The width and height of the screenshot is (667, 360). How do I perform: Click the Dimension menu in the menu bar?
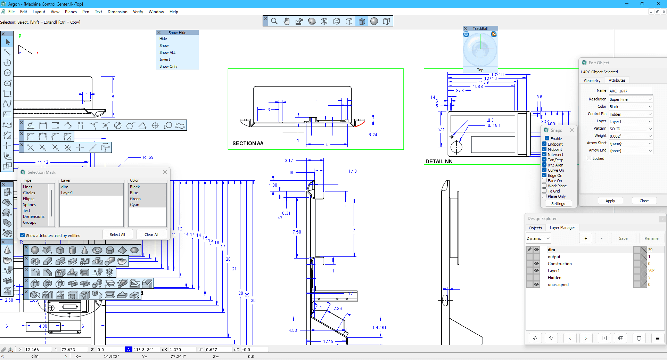[117, 12]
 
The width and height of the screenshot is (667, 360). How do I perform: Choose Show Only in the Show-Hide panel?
[168, 66]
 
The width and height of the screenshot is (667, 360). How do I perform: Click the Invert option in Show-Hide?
[165, 59]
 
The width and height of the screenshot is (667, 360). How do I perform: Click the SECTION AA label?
[248, 144]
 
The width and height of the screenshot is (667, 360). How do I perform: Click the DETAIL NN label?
[439, 162]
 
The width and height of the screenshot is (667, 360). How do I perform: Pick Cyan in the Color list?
[134, 205]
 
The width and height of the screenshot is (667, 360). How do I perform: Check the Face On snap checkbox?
[544, 181]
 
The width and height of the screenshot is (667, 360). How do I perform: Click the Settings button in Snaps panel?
[558, 204]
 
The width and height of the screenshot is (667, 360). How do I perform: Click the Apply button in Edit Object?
[610, 201]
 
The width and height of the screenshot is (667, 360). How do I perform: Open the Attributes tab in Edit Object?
[617, 80]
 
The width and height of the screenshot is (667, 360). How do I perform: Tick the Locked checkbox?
[589, 158]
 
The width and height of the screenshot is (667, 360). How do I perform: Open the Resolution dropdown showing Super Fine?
[631, 99]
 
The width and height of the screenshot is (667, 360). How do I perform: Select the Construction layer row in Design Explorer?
[559, 264]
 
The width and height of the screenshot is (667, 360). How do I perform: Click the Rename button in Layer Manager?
[651, 238]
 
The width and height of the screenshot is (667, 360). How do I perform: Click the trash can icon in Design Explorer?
[639, 338]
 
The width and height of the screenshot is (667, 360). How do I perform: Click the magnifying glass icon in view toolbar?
[274, 21]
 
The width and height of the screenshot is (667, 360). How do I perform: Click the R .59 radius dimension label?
[148, 157]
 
